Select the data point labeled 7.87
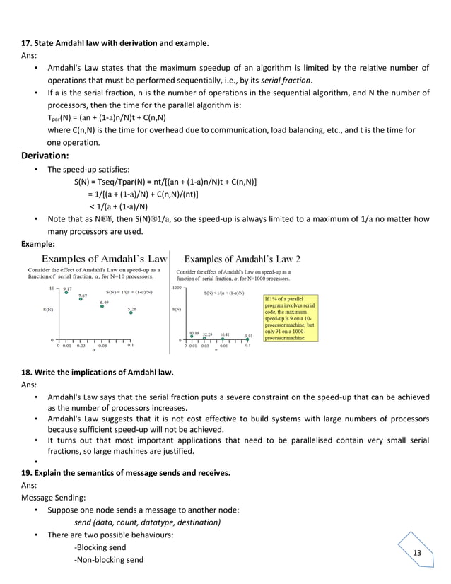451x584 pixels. point(81,300)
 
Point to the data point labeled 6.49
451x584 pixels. point(102,306)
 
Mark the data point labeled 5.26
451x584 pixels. point(131,313)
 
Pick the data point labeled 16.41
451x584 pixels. point(223,337)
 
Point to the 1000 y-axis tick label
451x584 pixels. point(177,288)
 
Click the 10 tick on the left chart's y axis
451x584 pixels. point(52,288)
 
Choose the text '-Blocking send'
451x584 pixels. point(100,547)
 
